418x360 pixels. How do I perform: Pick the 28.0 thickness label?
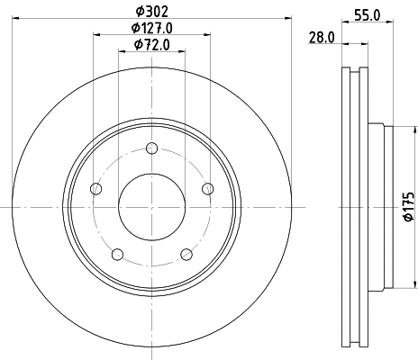[x=322, y=37]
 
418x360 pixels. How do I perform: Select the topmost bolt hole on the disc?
[x=151, y=149]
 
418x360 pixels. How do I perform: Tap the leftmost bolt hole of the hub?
[x=96, y=188]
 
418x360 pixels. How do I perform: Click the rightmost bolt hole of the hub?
[x=207, y=188]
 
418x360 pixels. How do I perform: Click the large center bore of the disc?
[x=151, y=206]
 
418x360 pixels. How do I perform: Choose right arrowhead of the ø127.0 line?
[x=207, y=35]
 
